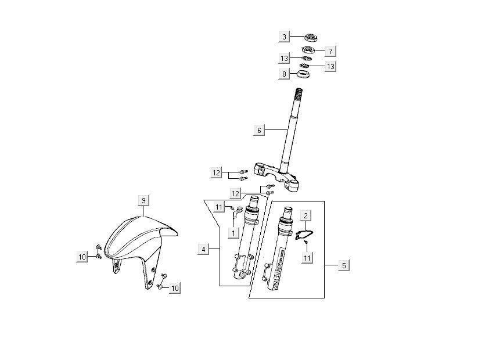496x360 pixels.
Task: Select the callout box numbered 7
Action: [x=329, y=51]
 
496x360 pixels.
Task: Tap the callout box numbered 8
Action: [x=284, y=74]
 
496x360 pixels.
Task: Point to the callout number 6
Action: [x=259, y=131]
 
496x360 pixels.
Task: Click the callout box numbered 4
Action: [x=203, y=250]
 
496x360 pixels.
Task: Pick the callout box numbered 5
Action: [x=344, y=265]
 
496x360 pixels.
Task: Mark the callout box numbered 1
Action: [x=232, y=233]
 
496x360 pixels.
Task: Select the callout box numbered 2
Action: [x=306, y=215]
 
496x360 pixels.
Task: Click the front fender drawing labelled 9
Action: [x=139, y=244]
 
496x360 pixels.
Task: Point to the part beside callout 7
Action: [x=309, y=50]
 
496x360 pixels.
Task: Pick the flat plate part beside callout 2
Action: [x=304, y=235]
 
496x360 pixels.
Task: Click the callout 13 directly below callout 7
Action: [x=330, y=67]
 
